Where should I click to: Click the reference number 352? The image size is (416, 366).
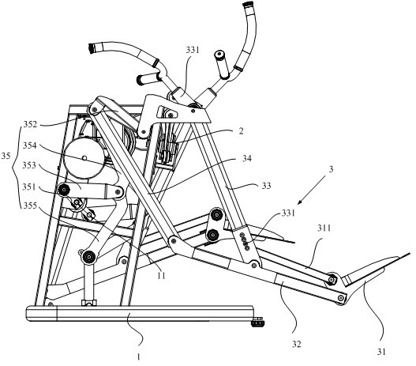coord(30,124)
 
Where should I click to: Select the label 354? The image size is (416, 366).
coord(29,145)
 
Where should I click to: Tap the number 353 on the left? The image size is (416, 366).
coord(29,165)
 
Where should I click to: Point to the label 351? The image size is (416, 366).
coord(28,187)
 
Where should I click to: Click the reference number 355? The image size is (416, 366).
coord(29,206)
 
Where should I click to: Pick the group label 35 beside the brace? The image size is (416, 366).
coord(6,156)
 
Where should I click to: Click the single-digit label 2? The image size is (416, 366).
coord(241,131)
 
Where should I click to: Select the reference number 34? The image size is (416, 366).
coord(247,158)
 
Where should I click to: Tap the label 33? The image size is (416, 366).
coord(266,186)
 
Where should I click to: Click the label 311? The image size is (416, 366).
coord(324,228)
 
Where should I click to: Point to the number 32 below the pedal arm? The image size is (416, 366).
coord(297,344)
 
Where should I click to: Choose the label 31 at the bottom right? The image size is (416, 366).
coord(381,352)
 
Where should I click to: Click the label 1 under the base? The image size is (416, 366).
coord(138,357)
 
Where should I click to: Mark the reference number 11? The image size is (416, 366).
coord(161,276)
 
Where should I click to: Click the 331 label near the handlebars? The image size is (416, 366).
coord(193,50)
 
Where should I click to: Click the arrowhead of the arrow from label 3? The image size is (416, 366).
coord(299,202)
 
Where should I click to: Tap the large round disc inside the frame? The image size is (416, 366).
coord(84,158)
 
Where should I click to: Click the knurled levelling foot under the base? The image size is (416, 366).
coord(257,323)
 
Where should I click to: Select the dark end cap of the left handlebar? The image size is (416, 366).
coord(92,48)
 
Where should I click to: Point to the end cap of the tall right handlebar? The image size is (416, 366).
coord(248,4)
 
